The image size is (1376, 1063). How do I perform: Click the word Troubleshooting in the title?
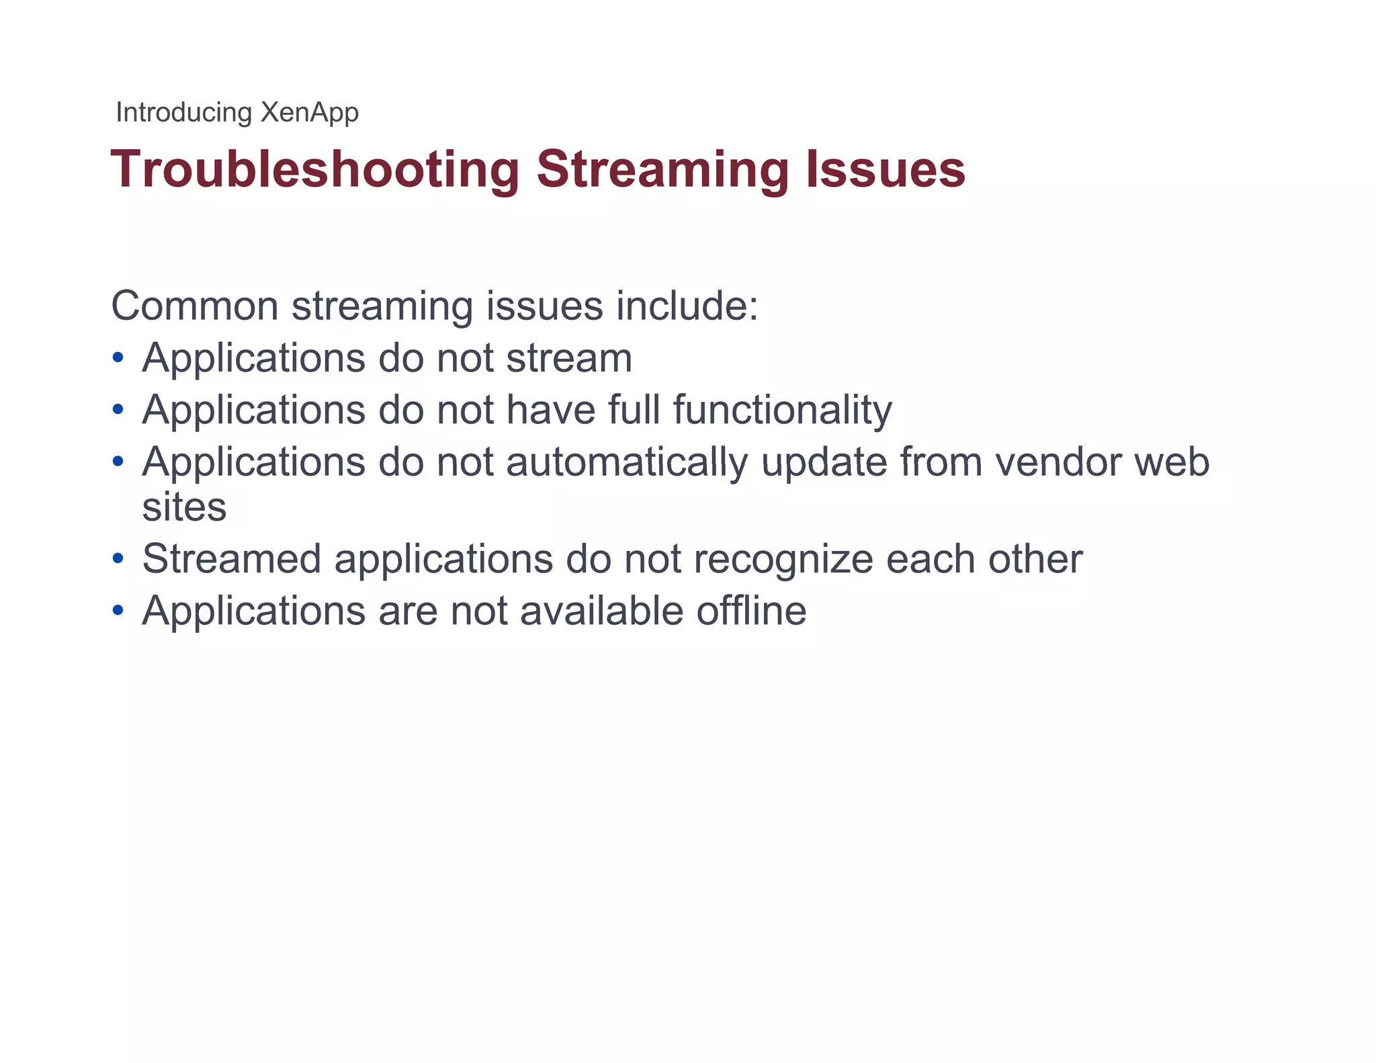[314, 169]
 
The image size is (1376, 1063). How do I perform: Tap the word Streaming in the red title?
[662, 169]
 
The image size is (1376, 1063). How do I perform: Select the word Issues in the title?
[886, 169]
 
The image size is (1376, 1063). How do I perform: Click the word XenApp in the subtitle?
[309, 112]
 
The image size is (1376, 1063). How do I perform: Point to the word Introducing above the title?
[183, 112]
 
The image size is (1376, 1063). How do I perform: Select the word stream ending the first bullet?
[569, 358]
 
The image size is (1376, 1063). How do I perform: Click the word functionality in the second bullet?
[783, 410]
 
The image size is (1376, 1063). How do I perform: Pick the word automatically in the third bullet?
[627, 462]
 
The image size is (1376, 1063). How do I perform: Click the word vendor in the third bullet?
[1058, 462]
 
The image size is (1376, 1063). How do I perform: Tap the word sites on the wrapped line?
[184, 507]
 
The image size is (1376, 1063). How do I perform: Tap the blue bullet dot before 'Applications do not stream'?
[118, 358]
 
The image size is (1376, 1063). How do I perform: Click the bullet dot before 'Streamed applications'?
[118, 558]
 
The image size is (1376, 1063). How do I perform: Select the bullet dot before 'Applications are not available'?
[118, 611]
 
